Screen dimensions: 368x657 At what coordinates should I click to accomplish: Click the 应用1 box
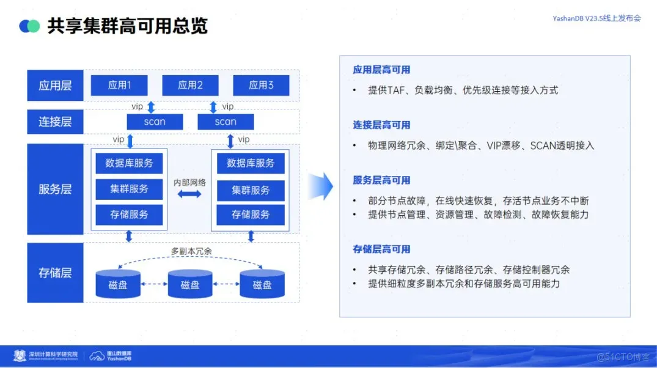coord(119,86)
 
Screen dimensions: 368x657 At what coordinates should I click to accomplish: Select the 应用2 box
coord(190,86)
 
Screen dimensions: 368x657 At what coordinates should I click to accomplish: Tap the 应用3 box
coord(261,86)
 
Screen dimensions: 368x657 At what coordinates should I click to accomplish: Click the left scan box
coord(155,122)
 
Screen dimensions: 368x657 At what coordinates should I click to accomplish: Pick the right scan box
coord(226,122)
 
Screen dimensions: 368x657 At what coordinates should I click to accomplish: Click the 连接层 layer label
coord(55,122)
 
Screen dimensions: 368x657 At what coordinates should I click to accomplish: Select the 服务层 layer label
coord(55,190)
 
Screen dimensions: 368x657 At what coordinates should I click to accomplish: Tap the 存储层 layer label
coord(55,273)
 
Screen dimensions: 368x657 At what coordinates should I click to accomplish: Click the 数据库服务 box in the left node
coord(129,163)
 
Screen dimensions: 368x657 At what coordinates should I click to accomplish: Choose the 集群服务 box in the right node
coord(251,190)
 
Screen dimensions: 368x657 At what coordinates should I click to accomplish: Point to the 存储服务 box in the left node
coord(129,215)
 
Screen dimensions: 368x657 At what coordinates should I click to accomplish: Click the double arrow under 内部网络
coord(189,194)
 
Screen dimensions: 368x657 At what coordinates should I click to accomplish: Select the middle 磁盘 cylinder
coord(190,284)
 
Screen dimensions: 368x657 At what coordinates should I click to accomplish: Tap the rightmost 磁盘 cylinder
coord(262,284)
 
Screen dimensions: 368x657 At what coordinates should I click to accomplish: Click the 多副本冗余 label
coord(190,251)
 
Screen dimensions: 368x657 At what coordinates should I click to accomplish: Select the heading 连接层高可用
coord(381,125)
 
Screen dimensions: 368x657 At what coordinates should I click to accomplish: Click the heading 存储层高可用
coord(381,249)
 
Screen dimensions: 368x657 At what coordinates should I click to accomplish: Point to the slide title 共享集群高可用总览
coord(128,26)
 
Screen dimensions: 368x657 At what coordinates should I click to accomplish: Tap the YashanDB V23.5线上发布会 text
coord(596,18)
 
